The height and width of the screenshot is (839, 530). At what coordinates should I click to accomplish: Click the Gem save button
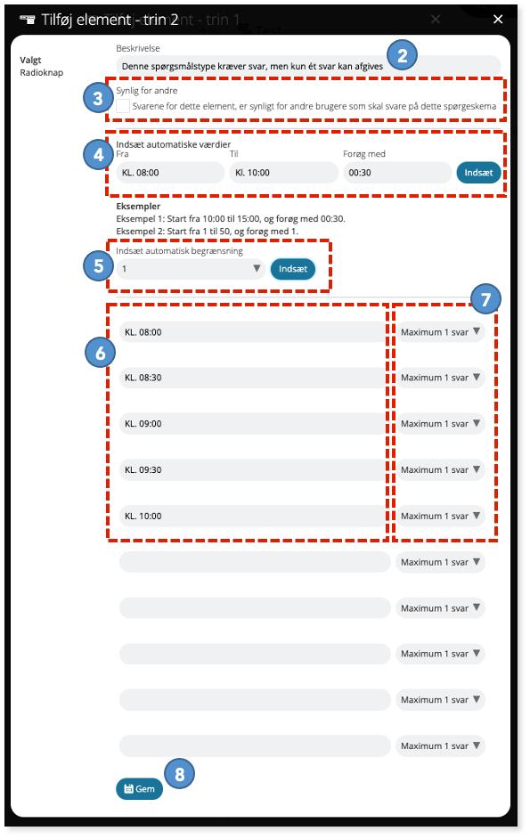point(139,789)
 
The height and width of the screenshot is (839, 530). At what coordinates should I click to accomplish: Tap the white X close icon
point(498,20)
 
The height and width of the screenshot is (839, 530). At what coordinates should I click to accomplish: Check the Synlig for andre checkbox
point(123,106)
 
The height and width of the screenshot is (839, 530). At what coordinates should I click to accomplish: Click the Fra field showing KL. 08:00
point(170,173)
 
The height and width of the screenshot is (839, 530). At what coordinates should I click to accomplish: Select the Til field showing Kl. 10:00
point(284,173)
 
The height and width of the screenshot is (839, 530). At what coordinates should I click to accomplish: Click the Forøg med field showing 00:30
point(397,173)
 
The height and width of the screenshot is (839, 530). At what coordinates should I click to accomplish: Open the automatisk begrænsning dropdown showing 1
point(191,269)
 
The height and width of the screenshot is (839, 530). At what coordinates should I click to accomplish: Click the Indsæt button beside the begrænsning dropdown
point(293,269)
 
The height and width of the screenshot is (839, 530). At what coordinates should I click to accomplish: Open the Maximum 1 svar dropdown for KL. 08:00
point(440,331)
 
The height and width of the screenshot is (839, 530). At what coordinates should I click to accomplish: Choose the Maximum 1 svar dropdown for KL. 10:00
point(440,516)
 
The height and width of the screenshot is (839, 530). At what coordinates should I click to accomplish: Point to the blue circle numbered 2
point(403,55)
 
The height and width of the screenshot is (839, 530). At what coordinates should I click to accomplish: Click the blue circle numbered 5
point(99,266)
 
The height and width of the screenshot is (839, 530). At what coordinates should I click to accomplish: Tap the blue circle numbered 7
point(485,299)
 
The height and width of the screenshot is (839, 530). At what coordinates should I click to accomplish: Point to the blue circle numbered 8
point(179,774)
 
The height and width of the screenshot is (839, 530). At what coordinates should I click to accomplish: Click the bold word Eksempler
point(138,206)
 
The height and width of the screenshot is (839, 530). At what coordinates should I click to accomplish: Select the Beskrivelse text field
point(308,66)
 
